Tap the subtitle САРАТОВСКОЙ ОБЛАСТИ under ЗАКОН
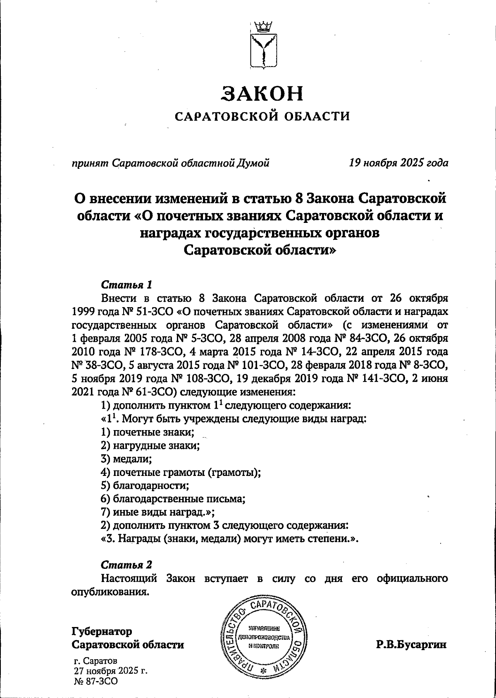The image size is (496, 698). [262, 117]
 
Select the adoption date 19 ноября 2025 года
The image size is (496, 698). [398, 163]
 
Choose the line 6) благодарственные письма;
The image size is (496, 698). [173, 499]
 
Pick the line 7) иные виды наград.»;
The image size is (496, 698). [157, 512]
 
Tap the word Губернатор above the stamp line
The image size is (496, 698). [102, 632]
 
